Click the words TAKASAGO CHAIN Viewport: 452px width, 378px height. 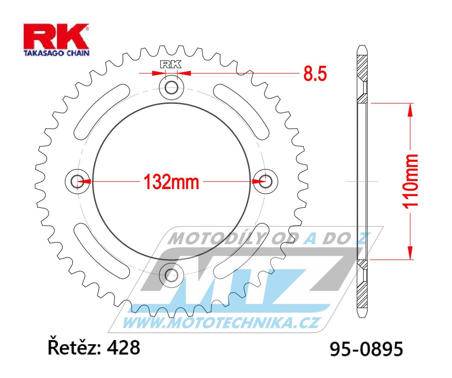pyautogui.click(x=56, y=53)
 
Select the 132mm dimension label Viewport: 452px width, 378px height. pyautogui.click(x=171, y=182)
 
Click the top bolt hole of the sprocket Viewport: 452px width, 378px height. pyautogui.click(x=171, y=88)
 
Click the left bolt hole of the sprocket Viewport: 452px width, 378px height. pyautogui.click(x=77, y=181)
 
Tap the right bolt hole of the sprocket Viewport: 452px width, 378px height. pyautogui.click(x=265, y=181)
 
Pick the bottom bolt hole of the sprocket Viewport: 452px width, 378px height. pyautogui.click(x=171, y=275)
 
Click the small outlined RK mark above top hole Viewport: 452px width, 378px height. pyautogui.click(x=171, y=64)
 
